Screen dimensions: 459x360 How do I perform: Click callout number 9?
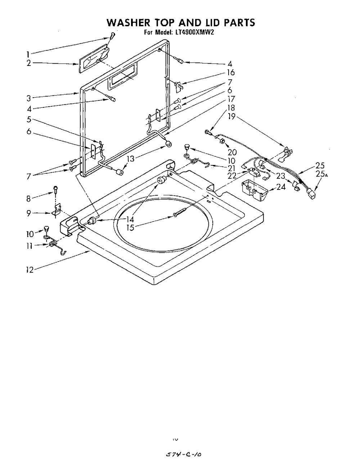31,213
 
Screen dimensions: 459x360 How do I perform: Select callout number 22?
232,176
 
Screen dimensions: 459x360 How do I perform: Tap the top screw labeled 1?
112,35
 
